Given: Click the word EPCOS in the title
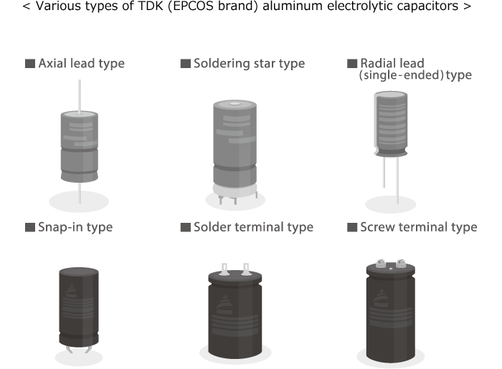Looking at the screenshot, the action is pos(191,6).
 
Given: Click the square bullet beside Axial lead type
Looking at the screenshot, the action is pos(30,63).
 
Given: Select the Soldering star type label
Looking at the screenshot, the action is pos(249,63).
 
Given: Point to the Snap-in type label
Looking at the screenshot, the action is pos(75,227).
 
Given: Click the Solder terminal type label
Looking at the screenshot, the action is pos(253,227).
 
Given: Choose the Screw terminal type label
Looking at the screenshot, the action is pos(418,227).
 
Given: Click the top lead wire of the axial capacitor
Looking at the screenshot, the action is pos(80,96).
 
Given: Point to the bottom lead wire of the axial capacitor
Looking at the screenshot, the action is pos(80,193).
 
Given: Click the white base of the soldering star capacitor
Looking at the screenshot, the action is pos(235,192).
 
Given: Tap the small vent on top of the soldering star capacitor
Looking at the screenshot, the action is pos(235,104).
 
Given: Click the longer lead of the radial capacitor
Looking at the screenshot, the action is pos(397,180).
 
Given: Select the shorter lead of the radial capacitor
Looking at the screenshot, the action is pos(384,172).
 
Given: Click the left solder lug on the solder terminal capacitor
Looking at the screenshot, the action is pos(224,269).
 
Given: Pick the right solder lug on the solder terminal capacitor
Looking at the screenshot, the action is pos(245,269).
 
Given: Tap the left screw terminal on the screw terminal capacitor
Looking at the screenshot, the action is pos(380,264).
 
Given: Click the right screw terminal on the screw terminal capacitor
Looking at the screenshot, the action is pos(401,264).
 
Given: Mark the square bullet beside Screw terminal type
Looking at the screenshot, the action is pos(352,227).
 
